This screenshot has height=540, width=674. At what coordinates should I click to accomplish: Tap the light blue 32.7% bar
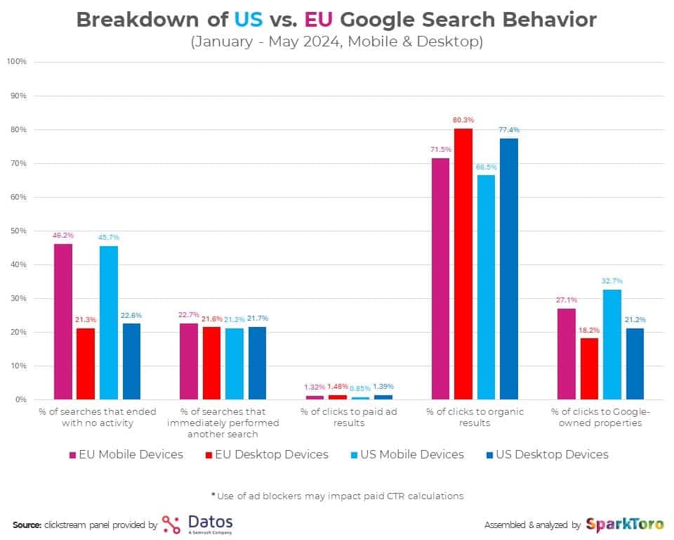tap(612, 345)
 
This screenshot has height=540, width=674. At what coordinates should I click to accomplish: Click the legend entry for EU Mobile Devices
tap(126, 454)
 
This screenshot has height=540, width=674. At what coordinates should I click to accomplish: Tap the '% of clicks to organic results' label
tap(475, 418)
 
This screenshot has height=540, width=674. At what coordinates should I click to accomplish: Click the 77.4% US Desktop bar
tap(508, 269)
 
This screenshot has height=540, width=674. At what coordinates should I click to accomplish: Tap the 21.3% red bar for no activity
tap(85, 364)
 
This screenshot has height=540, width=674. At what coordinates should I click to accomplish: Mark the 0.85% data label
tap(360, 387)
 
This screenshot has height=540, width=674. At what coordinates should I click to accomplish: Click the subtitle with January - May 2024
tap(337, 42)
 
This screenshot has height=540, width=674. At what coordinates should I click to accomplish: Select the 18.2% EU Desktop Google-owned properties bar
tap(588, 368)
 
